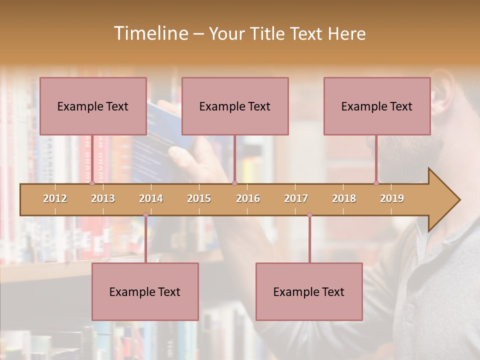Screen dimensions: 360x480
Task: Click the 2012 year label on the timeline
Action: [x=55, y=198]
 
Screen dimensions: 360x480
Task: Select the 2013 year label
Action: [x=103, y=198]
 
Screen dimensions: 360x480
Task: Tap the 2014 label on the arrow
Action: [x=151, y=198]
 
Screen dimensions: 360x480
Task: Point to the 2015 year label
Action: [x=199, y=198]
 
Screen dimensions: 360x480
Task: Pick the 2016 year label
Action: [x=248, y=198]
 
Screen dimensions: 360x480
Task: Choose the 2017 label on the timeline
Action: [x=296, y=198]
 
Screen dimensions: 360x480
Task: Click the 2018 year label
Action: [x=344, y=198]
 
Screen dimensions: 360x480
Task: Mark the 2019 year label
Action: [x=392, y=198]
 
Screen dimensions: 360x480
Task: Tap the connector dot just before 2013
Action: [x=92, y=183]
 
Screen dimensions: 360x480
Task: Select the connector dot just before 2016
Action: [x=234, y=183]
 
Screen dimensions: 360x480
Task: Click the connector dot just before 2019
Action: [x=376, y=183]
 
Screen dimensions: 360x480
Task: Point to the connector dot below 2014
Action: [x=145, y=215]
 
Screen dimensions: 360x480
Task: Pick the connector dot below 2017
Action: [x=309, y=215]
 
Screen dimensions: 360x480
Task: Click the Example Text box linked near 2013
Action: [x=93, y=106]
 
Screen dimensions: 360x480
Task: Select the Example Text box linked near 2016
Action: [x=235, y=106]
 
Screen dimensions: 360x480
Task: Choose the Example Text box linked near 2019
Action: [x=377, y=106]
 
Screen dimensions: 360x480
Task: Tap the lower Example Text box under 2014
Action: [x=145, y=291]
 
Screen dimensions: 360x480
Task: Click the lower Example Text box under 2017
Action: [x=309, y=291]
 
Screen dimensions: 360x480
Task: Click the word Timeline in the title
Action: [x=150, y=33]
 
